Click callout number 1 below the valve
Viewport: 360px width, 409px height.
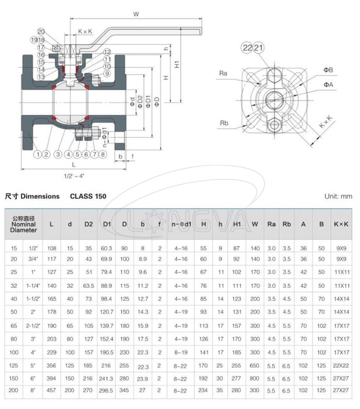pyautogui.click(x=38, y=154)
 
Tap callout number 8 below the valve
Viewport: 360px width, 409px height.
pyautogui.click(x=103, y=154)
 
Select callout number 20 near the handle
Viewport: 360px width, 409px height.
pyautogui.click(x=41, y=32)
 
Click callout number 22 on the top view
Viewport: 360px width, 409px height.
pyautogui.click(x=247, y=48)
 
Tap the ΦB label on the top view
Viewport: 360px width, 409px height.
pyautogui.click(x=328, y=70)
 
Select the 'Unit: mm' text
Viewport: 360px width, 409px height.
pyautogui.click(x=338, y=196)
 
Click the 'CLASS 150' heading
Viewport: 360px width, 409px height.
pyautogui.click(x=88, y=196)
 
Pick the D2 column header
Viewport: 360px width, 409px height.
pyautogui.click(x=88, y=224)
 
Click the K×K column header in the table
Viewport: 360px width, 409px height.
pyautogui.click(x=341, y=224)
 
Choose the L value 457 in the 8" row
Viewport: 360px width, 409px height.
pyautogui.click(x=51, y=390)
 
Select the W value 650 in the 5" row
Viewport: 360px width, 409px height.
pyautogui.click(x=255, y=365)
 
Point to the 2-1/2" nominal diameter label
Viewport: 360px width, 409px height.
pyautogui.click(x=33, y=325)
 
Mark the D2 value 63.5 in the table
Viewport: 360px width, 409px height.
pyautogui.click(x=88, y=285)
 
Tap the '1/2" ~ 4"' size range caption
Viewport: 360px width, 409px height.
pyautogui.click(x=74, y=176)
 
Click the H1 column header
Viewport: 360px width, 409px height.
pyautogui.click(x=237, y=224)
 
